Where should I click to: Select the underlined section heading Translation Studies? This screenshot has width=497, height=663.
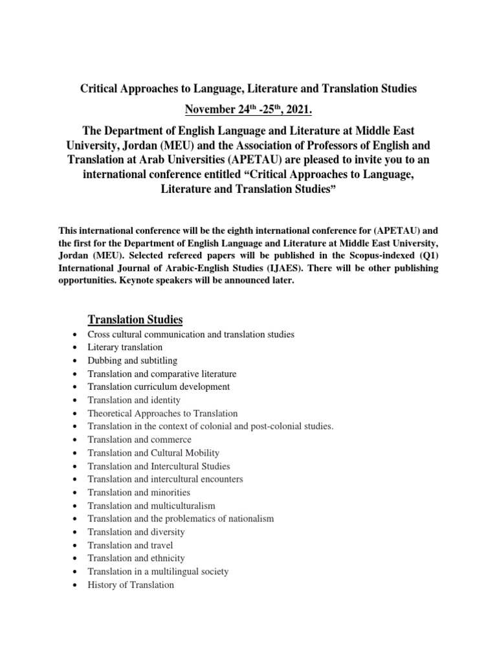[x=135, y=319]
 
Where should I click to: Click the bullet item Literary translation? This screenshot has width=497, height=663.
[x=126, y=347]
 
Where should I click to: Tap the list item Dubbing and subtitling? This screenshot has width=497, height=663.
[x=133, y=361]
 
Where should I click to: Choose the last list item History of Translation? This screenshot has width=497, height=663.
[x=131, y=585]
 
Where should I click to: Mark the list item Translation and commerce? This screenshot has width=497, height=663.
[x=139, y=440]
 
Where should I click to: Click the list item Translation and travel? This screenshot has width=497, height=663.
[x=130, y=545]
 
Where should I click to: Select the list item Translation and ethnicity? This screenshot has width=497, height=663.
[x=136, y=558]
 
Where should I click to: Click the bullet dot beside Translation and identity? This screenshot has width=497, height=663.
[x=76, y=401]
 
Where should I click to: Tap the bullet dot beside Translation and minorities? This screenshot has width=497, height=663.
[x=76, y=493]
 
